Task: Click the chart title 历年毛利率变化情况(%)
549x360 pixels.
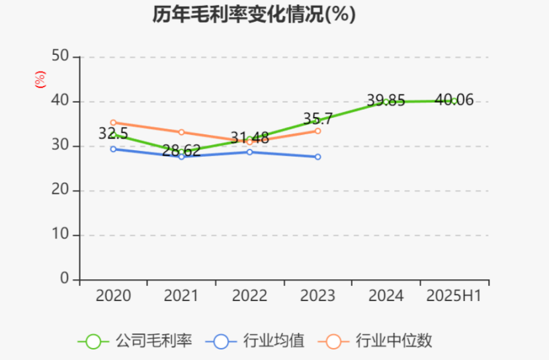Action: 255,15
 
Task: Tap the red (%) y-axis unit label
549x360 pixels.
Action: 40,79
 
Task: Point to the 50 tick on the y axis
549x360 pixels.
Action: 61,56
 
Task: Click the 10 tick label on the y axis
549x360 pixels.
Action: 61,235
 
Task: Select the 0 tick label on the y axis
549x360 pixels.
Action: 65,279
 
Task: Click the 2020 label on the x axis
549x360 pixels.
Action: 113,296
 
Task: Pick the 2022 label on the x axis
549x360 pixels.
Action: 249,296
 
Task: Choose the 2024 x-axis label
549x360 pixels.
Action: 386,296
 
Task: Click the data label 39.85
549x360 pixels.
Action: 386,101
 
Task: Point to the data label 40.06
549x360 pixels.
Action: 454,100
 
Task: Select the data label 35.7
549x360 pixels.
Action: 317,119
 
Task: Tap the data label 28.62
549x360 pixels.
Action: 181,151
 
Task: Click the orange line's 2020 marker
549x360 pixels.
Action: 113,122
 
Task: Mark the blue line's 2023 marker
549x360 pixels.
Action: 317,157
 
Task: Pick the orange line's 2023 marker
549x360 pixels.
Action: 317,131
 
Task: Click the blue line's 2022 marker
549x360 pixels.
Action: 249,152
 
